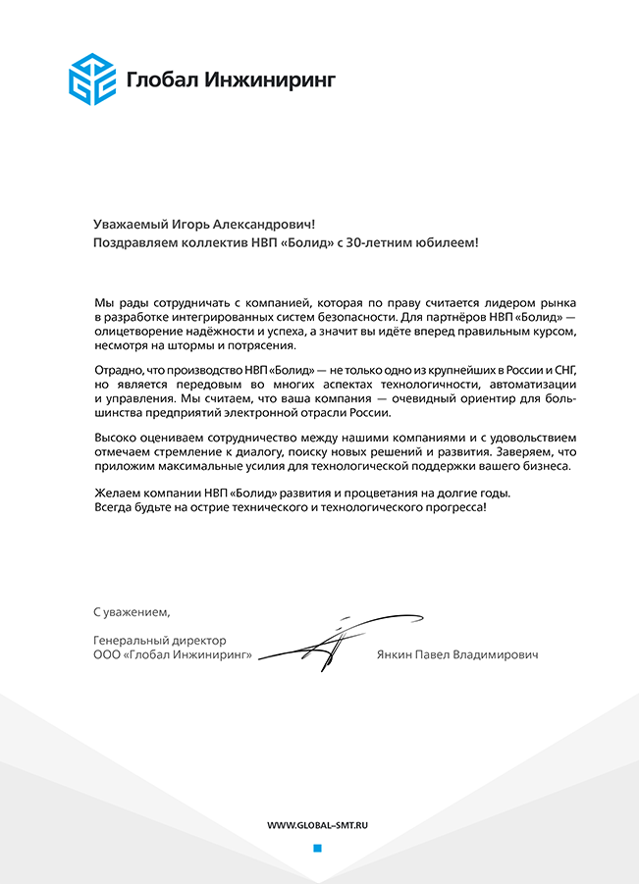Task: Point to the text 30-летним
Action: click(386, 242)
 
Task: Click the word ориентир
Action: click(473, 399)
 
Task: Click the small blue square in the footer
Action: click(317, 849)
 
